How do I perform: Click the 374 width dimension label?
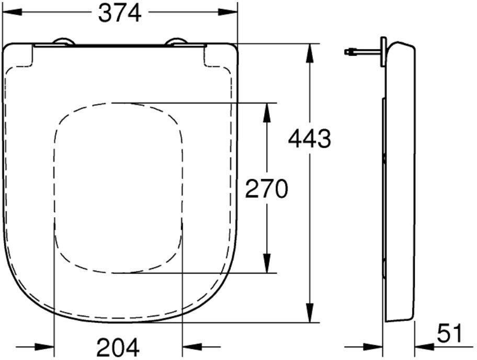click(x=120, y=14)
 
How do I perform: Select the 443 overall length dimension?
click(x=310, y=139)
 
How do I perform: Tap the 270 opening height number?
click(x=267, y=189)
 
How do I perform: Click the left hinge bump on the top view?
click(x=64, y=42)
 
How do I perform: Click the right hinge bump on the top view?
click(x=176, y=42)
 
